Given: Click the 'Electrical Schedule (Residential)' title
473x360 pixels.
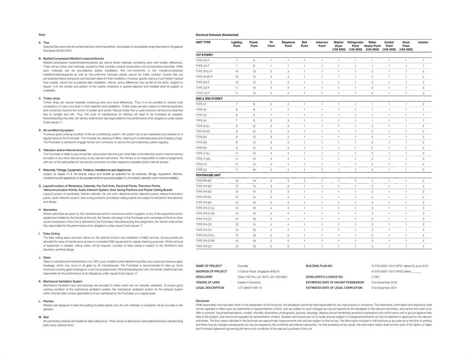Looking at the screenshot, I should point(217,35).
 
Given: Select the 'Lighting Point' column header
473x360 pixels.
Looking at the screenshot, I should point(237,44).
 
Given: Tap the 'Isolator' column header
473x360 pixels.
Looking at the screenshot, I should point(423,42).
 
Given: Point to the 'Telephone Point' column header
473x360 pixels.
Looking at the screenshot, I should point(288,44).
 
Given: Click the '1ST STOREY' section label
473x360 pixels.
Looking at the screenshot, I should point(204,54).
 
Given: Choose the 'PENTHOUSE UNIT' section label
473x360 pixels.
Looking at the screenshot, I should point(208,175).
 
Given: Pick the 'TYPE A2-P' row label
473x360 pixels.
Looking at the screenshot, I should point(203,60).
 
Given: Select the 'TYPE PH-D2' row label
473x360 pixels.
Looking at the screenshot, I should point(204,247).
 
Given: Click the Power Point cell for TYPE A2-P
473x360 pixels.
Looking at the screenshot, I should point(254,60).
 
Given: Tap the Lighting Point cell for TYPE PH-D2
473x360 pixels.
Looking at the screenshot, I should point(237,247).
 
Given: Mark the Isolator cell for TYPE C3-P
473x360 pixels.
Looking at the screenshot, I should point(423,93).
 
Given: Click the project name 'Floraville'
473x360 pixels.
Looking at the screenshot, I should point(243,266).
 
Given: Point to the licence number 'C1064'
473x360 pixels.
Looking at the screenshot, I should point(376,277).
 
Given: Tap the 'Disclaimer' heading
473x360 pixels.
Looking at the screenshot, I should point(203,301).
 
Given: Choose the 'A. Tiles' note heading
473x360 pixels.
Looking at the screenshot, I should point(44,43).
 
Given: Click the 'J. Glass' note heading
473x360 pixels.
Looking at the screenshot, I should point(45,257).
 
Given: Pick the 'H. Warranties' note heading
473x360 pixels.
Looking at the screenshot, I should point(48,210).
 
